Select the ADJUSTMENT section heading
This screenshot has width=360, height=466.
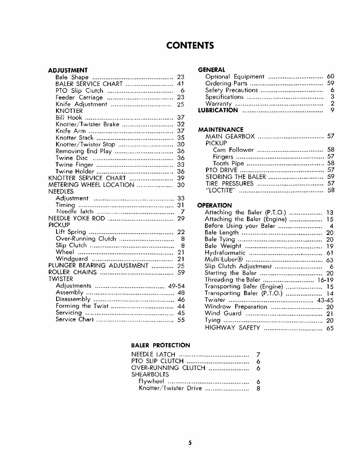[x=68, y=70]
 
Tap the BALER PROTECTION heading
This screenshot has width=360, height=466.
[x=161, y=345]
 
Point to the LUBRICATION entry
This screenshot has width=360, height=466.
[x=218, y=111]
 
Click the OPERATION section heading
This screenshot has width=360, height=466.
[x=214, y=205]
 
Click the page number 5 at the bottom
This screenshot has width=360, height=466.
[x=189, y=443]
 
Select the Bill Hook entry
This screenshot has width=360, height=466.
[x=69, y=117]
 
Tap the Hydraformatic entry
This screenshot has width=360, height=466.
[x=225, y=253]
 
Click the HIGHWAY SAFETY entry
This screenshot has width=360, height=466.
[x=233, y=328]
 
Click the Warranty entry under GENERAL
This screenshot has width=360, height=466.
[x=218, y=104]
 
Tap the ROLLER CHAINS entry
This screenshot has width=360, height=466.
[x=72, y=272]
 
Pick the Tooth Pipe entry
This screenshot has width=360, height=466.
[x=228, y=163]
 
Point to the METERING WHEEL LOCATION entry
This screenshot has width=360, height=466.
[x=91, y=185]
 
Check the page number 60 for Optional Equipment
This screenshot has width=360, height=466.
[x=330, y=76]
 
